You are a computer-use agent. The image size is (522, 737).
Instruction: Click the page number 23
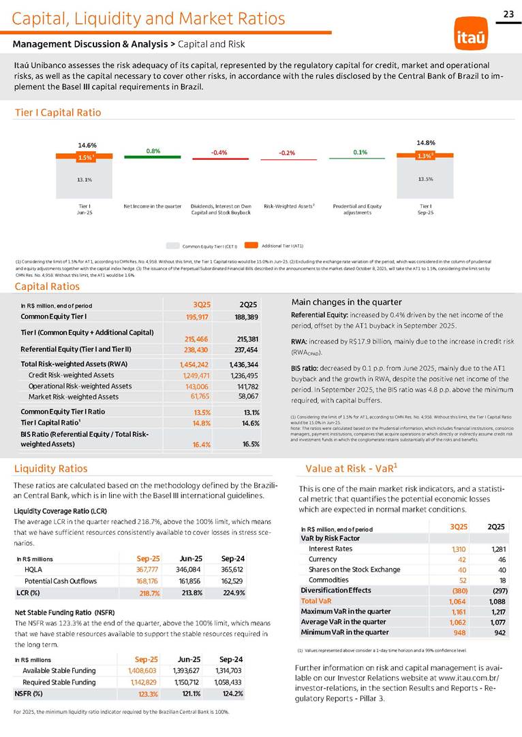[x=508, y=14]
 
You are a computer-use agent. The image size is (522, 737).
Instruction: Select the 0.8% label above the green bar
[x=153, y=150]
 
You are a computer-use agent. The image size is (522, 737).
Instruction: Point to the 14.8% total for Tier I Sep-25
[x=425, y=142]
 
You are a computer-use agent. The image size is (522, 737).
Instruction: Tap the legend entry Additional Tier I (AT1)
[x=278, y=244]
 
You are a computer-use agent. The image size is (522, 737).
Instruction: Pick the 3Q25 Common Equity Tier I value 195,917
[x=197, y=317]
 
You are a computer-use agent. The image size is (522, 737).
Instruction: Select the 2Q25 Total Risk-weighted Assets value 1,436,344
[x=243, y=365]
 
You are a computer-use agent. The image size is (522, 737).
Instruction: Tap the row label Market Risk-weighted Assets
[x=74, y=396]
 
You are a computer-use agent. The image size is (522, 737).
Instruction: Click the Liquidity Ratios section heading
[x=50, y=468]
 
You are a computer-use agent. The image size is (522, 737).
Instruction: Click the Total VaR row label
[x=317, y=602]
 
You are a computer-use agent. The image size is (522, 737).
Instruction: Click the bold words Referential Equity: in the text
[x=320, y=315]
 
